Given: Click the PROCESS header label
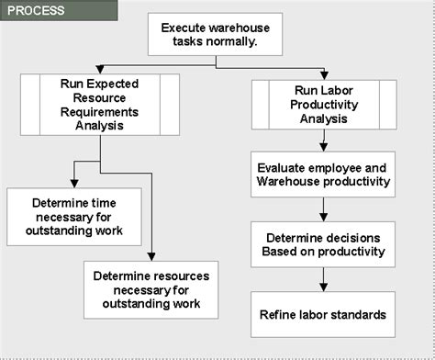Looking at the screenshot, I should [36, 11].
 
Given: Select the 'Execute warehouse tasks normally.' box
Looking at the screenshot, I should [216, 35].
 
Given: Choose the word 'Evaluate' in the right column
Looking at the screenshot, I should [284, 167].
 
